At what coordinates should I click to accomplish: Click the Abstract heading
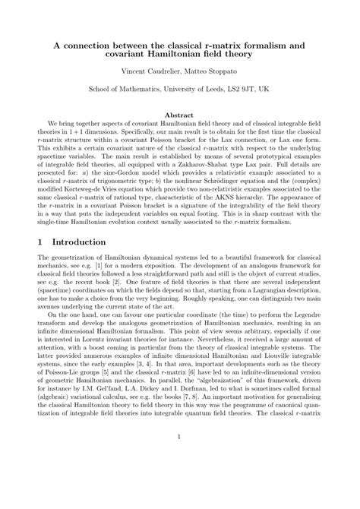pyautogui.click(x=180, y=114)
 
